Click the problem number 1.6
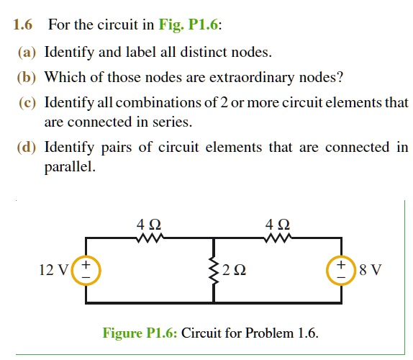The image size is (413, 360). [24, 26]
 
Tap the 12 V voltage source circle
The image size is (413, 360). [86, 271]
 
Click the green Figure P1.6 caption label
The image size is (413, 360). [140, 333]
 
